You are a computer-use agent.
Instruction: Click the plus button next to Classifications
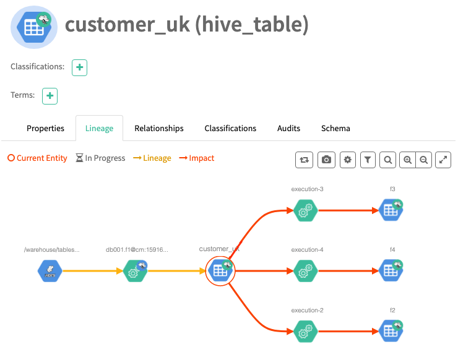pyautogui.click(x=79, y=67)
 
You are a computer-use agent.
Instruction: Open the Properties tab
pyautogui.click(x=45, y=129)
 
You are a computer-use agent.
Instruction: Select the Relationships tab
pyautogui.click(x=159, y=129)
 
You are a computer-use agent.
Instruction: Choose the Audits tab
pyautogui.click(x=288, y=129)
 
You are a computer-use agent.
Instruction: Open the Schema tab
pyautogui.click(x=335, y=129)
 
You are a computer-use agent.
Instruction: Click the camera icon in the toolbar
pyautogui.click(x=326, y=160)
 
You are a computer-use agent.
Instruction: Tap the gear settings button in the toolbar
pyautogui.click(x=347, y=160)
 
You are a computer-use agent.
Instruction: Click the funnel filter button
pyautogui.click(x=368, y=160)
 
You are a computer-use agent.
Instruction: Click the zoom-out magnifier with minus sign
pyautogui.click(x=423, y=160)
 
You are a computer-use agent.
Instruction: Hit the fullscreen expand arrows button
pyautogui.click(x=443, y=160)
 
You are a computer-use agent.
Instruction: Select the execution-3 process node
pyautogui.click(x=305, y=211)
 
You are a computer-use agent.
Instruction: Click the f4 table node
pyautogui.click(x=391, y=271)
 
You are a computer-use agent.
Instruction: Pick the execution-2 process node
pyautogui.click(x=305, y=332)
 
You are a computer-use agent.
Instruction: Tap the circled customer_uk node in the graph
pyautogui.click(x=220, y=271)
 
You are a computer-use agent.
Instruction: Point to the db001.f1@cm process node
pyautogui.click(x=134, y=271)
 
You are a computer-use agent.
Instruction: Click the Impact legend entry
pyautogui.click(x=197, y=158)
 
